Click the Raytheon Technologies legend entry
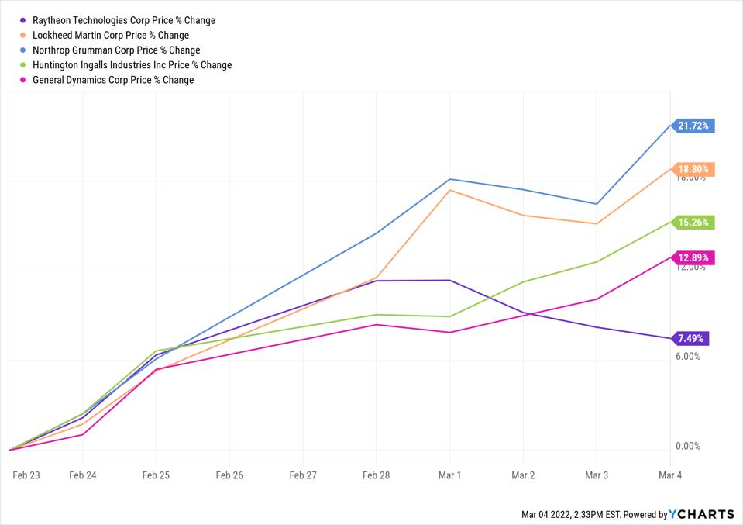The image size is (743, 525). click(x=124, y=21)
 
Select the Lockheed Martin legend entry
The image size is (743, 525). click(x=111, y=36)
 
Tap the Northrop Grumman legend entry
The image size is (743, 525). click(x=116, y=50)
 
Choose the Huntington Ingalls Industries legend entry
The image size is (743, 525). click(x=132, y=65)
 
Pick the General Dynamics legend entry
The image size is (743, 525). click(x=113, y=80)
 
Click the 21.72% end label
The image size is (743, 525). click(x=693, y=126)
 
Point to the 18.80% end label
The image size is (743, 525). click(x=693, y=169)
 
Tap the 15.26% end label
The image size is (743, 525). click(x=693, y=223)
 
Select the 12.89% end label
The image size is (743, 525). click(x=693, y=257)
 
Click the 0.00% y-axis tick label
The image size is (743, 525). click(x=688, y=447)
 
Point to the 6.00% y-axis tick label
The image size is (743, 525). click(x=688, y=357)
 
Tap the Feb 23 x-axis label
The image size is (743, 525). click(x=26, y=475)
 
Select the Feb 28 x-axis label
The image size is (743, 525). click(x=376, y=475)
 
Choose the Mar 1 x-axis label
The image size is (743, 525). click(x=449, y=475)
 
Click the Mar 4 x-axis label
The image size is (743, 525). click(x=669, y=475)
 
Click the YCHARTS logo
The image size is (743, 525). click(x=702, y=514)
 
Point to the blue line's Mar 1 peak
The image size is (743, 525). click(x=449, y=179)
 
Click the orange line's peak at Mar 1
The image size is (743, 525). click(x=449, y=190)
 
